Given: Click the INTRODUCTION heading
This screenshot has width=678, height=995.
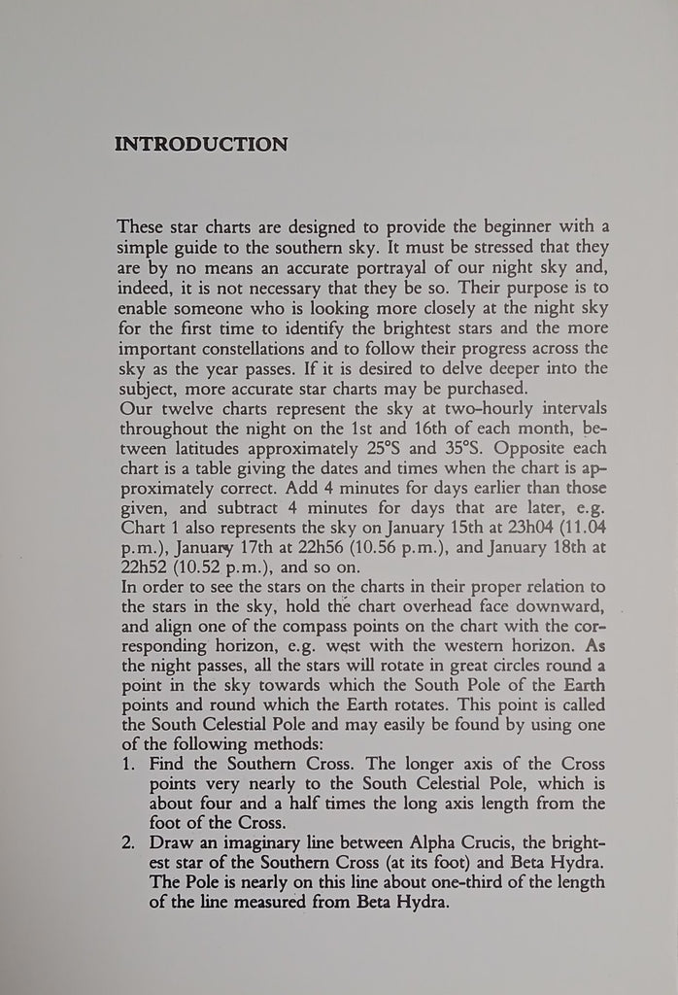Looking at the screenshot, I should point(201,145).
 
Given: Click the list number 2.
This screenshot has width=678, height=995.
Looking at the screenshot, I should point(128,839).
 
